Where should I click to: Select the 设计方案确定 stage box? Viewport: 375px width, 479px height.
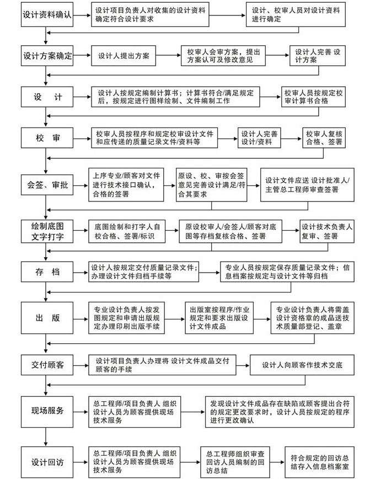[47, 56]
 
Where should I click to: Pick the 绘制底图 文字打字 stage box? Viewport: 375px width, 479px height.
[47, 231]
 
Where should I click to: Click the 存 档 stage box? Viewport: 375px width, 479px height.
[47, 272]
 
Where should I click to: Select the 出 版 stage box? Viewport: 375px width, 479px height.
[47, 319]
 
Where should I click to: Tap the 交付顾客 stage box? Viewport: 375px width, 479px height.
[47, 366]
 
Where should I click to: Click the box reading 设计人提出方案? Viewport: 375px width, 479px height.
[123, 56]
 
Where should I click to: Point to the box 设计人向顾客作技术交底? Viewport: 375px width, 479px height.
[302, 365]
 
